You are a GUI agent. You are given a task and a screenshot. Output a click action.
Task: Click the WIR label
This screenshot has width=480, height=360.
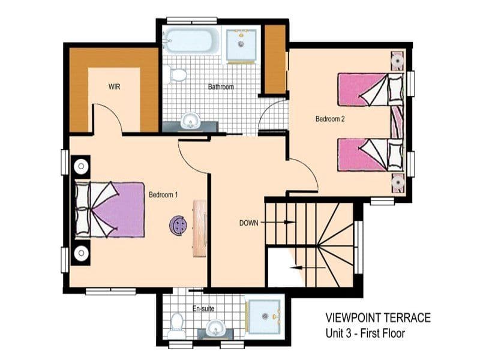[x=114, y=86]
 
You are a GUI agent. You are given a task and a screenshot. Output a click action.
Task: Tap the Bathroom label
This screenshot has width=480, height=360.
[x=221, y=87]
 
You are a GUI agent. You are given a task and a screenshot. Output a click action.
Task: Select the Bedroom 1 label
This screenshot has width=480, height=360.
[x=163, y=194]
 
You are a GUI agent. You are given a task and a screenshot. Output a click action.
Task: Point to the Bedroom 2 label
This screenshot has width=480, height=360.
[x=330, y=119]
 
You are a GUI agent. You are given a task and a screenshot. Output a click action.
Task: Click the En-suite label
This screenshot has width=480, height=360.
[x=203, y=308]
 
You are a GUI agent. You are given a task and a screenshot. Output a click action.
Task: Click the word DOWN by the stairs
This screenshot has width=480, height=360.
[x=248, y=223]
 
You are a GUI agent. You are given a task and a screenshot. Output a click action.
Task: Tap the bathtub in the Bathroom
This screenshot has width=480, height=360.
[x=191, y=40]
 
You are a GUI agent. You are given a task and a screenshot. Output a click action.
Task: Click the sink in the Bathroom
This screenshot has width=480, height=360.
[x=190, y=121]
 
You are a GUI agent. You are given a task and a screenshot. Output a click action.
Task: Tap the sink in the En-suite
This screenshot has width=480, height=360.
[x=215, y=328]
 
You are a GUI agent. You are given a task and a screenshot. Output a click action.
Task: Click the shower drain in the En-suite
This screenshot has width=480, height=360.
[x=265, y=316]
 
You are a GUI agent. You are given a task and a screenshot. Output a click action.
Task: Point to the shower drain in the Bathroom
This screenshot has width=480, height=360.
[x=241, y=44]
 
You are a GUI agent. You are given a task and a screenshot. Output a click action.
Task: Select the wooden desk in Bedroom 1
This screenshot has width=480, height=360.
[x=200, y=229]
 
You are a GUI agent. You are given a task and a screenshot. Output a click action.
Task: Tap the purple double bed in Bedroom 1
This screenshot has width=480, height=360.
[x=109, y=209]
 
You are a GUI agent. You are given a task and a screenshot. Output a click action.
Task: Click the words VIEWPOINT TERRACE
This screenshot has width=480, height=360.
[x=378, y=318]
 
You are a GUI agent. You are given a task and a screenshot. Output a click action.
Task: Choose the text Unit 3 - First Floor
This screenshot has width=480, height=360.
[x=365, y=333]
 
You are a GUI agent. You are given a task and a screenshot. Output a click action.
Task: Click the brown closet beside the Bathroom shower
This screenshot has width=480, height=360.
[x=275, y=59]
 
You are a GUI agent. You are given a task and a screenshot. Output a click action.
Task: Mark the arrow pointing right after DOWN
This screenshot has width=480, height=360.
[x=278, y=222]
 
